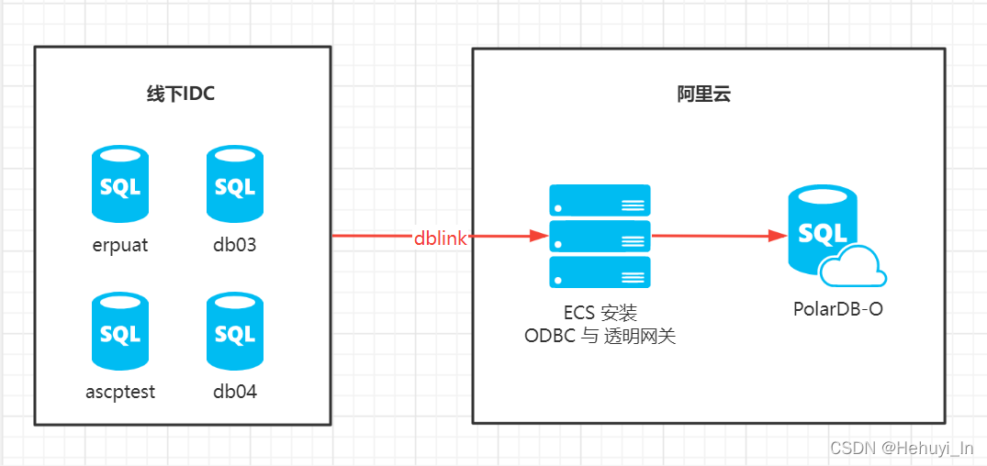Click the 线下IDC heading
181,94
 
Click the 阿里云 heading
704,94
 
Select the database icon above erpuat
120,185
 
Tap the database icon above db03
235,185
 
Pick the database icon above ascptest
120,332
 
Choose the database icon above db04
235,332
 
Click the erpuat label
120,245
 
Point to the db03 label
235,245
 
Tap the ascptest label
120,392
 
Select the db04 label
235,392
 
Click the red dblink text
441,239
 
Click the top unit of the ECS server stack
600,200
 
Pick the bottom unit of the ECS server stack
600,272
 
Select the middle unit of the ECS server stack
600,236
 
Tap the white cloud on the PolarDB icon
853,267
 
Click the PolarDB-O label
838,309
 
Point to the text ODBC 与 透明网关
600,336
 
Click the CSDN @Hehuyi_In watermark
902,448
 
